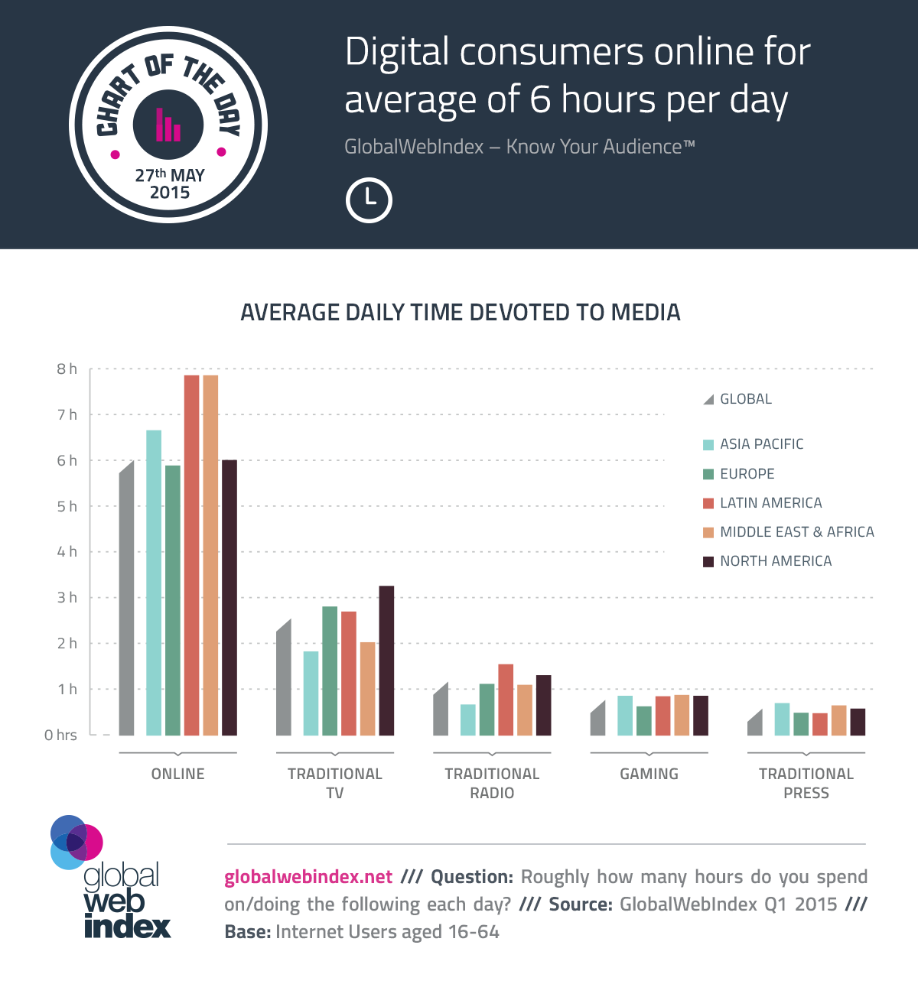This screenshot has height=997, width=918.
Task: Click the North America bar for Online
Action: [229, 597]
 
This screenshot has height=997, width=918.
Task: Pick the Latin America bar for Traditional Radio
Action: [506, 700]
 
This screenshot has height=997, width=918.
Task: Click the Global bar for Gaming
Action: [598, 720]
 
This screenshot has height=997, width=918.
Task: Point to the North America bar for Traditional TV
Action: [386, 661]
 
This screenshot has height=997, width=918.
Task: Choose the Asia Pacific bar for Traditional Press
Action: [782, 719]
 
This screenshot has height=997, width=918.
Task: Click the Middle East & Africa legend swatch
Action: [708, 533]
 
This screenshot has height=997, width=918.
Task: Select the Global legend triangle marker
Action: [708, 400]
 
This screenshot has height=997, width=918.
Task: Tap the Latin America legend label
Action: [770, 503]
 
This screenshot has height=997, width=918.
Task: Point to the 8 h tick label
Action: [67, 369]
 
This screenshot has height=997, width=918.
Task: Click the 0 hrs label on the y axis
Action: [60, 736]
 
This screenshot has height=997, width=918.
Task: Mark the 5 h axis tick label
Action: [67, 507]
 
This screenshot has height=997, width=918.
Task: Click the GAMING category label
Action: [649, 774]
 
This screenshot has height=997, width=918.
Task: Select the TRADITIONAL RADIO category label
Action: [492, 783]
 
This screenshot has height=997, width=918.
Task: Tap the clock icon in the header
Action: [369, 200]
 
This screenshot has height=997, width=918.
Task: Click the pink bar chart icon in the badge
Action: [168, 125]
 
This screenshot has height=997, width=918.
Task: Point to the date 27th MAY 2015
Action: [170, 183]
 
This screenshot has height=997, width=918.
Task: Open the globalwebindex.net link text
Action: [308, 877]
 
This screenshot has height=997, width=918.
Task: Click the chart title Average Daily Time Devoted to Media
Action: [460, 313]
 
